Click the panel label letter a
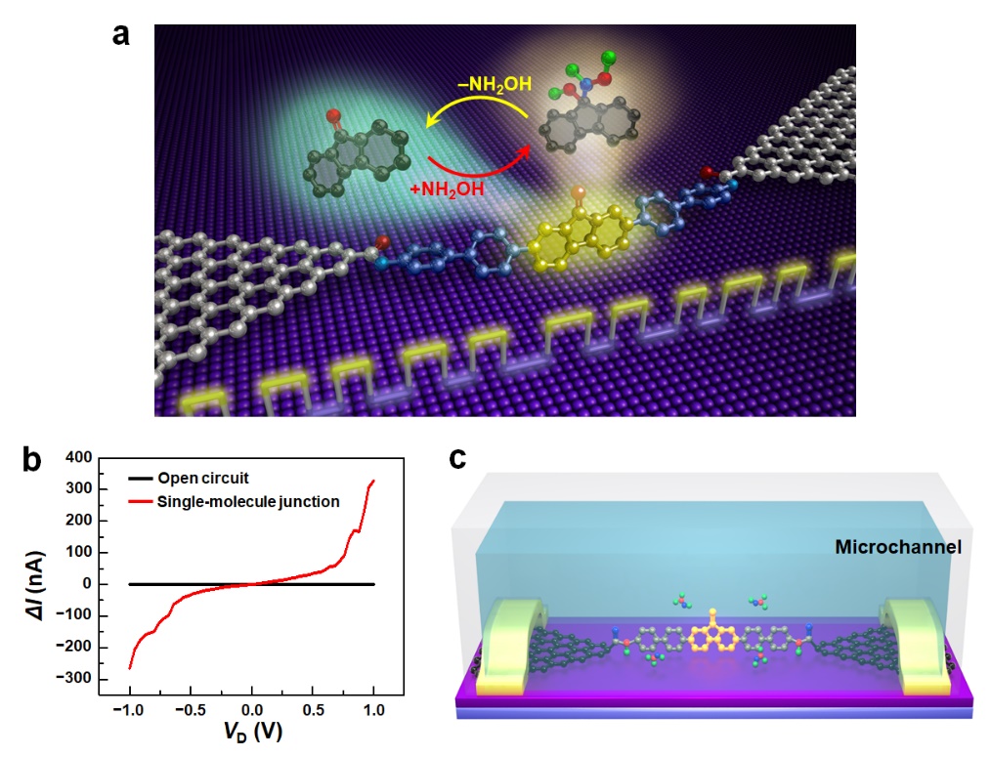tap(121, 34)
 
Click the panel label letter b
tap(32, 459)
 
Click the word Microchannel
tap(896, 548)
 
